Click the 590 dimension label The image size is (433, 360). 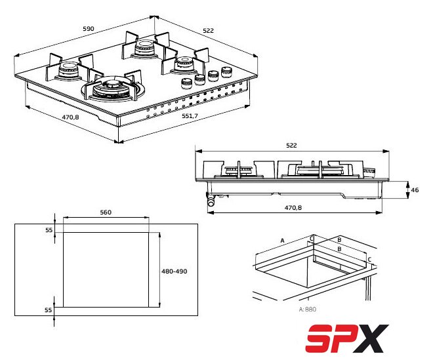(x=89, y=28)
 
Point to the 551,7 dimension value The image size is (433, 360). (x=190, y=115)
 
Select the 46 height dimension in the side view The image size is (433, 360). (x=415, y=190)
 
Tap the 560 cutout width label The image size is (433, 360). (x=106, y=212)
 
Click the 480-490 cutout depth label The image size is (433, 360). (x=175, y=271)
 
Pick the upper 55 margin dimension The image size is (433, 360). (x=49, y=230)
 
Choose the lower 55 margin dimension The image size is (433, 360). (x=49, y=310)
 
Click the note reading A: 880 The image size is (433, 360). (x=308, y=310)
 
